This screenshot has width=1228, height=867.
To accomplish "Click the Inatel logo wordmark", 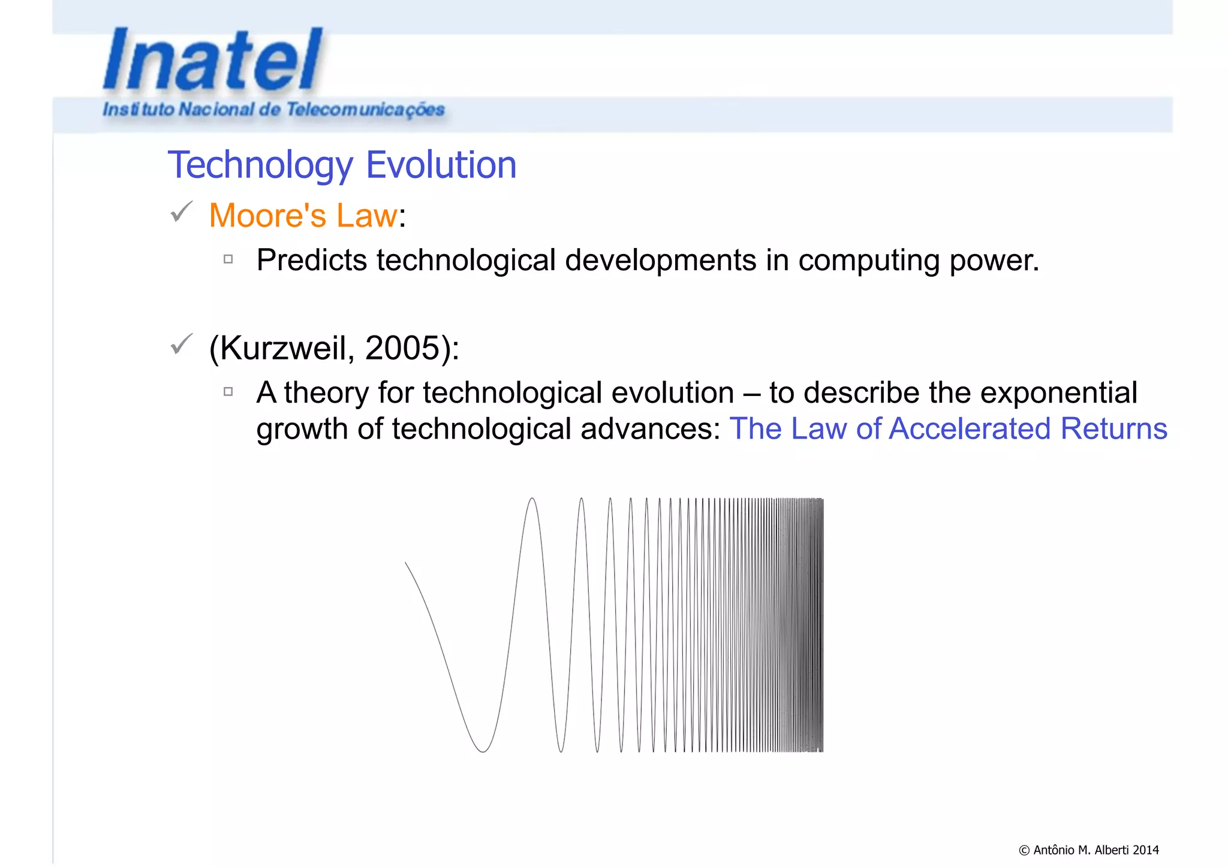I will click(x=213, y=60).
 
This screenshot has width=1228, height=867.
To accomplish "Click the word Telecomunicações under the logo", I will click(x=365, y=110).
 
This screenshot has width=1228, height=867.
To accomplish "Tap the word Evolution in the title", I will click(x=441, y=165).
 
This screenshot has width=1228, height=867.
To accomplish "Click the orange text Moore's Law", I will click(x=303, y=216).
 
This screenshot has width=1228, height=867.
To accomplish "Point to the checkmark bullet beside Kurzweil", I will click(x=181, y=344).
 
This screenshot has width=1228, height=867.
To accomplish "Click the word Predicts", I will click(x=311, y=261).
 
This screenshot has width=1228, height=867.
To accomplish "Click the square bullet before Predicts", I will click(x=228, y=259).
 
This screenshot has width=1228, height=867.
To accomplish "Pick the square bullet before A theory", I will click(x=228, y=392).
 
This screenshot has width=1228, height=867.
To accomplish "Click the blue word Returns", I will click(x=1113, y=429).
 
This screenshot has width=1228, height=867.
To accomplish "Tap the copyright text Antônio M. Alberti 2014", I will click(x=1089, y=850).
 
